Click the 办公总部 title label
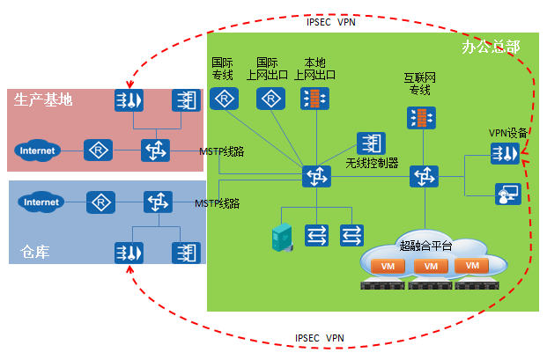click(491, 47)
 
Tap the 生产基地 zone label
click(43, 99)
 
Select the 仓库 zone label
click(34, 252)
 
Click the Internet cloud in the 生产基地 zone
click(37, 151)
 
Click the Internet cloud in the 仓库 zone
click(41, 202)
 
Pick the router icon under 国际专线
click(224, 99)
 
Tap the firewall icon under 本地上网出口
click(314, 99)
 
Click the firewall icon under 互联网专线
click(421, 118)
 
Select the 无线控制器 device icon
click(371, 143)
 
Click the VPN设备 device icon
click(505, 153)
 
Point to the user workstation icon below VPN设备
click(508, 194)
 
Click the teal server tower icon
click(282, 237)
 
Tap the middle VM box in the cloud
click(431, 266)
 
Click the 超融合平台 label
click(425, 246)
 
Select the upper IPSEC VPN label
click(331, 22)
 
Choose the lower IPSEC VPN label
click(320, 338)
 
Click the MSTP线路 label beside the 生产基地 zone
click(221, 151)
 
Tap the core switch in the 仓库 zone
click(158, 202)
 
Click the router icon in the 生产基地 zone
click(98, 151)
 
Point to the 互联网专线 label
click(419, 84)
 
